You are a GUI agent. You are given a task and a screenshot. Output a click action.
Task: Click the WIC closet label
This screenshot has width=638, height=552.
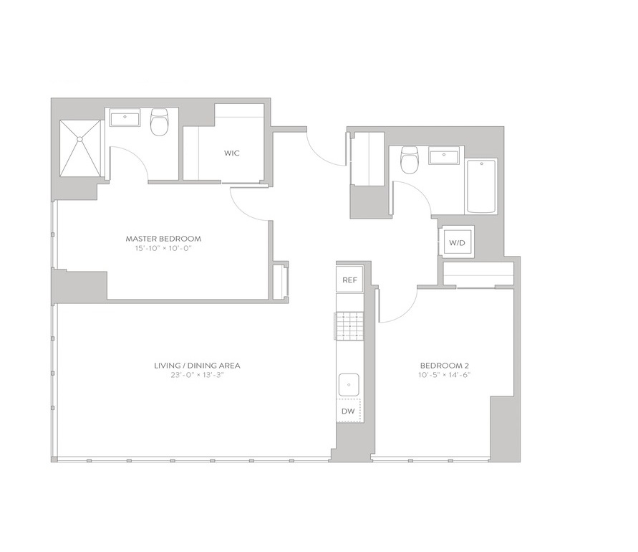[x=231, y=153]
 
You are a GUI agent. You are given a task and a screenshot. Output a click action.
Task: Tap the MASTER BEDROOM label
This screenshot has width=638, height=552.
[x=163, y=239]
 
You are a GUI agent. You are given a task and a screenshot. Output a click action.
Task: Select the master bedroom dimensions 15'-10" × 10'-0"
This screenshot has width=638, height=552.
[x=163, y=248]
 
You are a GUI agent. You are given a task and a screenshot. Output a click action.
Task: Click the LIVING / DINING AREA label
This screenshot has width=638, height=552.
[x=197, y=366]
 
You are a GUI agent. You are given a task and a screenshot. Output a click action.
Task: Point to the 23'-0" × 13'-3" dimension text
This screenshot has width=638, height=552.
[x=198, y=375]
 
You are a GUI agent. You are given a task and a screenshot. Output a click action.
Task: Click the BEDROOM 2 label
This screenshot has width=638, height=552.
[x=447, y=366]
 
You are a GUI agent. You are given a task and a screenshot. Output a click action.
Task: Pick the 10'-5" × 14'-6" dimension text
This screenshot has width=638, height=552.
[x=447, y=375]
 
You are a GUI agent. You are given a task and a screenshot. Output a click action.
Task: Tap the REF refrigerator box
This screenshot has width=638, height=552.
[x=349, y=280]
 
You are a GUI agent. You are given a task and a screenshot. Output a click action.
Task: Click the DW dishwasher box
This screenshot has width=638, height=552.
[x=348, y=411]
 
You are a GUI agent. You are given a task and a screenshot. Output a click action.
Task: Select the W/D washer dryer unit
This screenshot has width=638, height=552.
[x=457, y=243]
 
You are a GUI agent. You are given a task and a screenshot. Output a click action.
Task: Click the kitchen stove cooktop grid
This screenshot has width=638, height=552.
[x=349, y=326]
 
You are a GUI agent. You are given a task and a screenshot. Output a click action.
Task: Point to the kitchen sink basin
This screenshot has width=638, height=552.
[x=349, y=384]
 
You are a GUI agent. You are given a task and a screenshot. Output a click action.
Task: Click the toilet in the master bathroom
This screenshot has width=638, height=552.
[x=160, y=121]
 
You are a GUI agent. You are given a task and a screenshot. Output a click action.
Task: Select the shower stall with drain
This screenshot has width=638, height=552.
[x=80, y=148]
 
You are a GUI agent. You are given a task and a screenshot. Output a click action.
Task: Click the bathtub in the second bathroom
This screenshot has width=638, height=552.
[x=481, y=186]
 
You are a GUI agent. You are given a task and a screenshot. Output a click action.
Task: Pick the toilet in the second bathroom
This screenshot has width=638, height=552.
[x=410, y=159]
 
